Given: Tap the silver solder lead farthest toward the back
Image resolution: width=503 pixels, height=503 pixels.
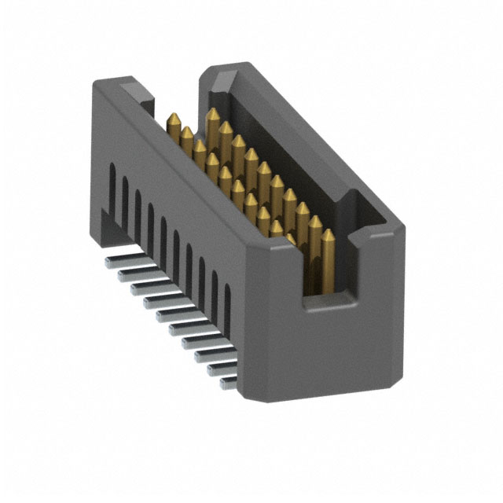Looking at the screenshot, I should [113, 256].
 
